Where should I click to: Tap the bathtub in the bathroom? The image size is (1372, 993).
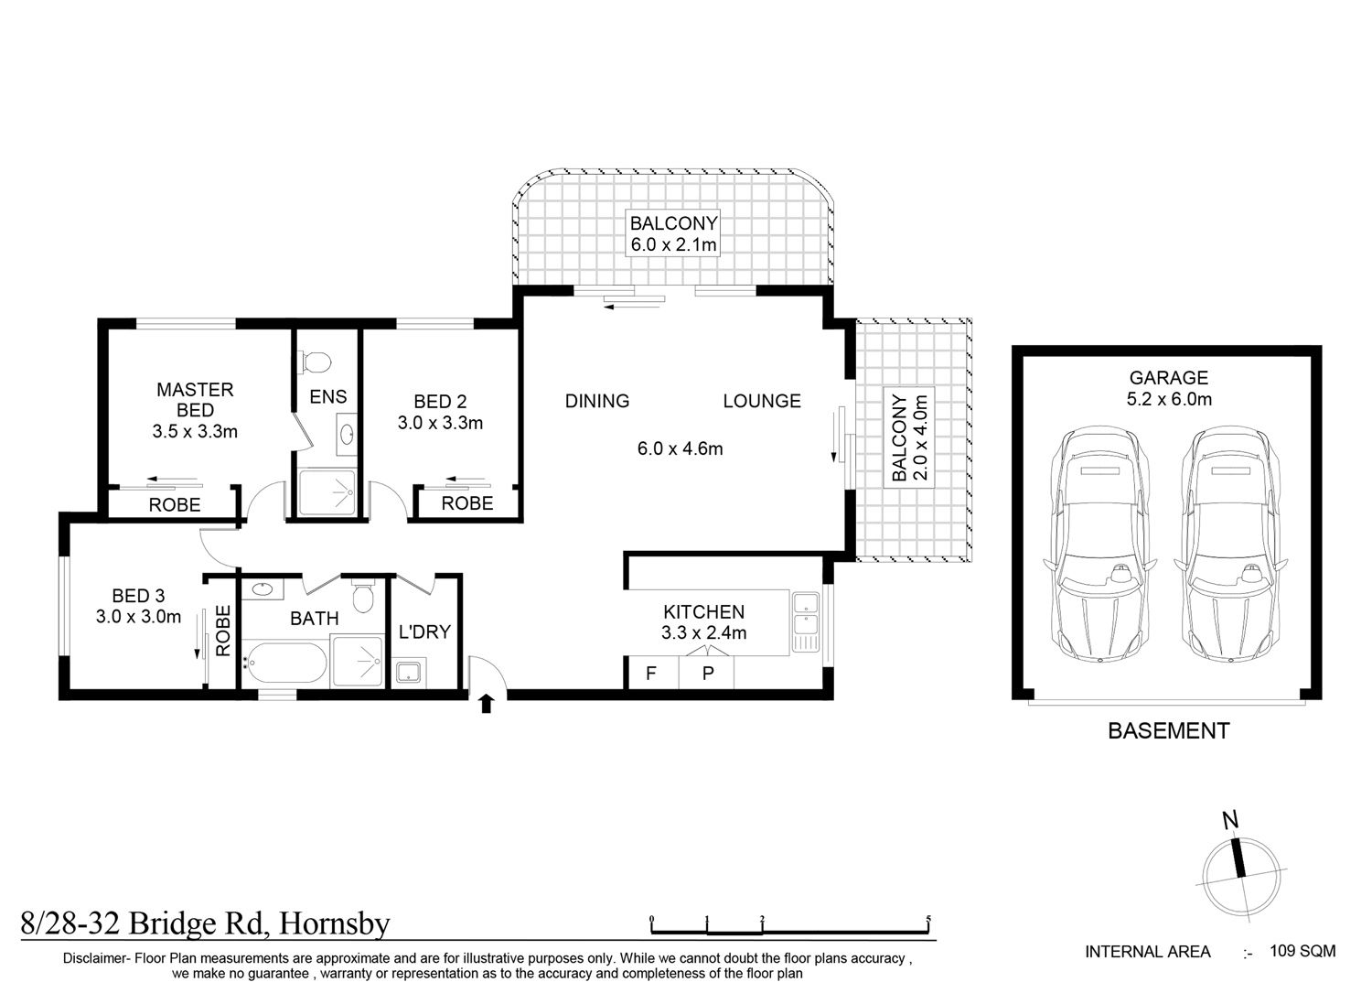(284, 663)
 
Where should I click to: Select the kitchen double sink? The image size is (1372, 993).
(805, 621)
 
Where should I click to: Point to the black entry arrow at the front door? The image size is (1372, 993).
(486, 704)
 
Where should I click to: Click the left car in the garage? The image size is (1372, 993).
(1099, 545)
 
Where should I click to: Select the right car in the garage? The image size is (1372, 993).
(1230, 545)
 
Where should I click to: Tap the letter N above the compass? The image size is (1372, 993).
(1230, 820)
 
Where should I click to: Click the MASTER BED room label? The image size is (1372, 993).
(195, 400)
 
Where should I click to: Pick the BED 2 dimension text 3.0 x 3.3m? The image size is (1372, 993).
(440, 423)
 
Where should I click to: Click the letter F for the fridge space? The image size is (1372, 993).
(650, 674)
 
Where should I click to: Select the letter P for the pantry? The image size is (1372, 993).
(708, 674)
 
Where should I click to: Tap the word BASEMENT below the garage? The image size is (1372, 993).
(1169, 730)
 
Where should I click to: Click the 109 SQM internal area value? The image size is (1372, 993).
(1302, 951)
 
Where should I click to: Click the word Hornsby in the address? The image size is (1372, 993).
(335, 924)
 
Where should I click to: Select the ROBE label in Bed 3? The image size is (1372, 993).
(223, 631)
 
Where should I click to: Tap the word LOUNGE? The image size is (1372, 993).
(762, 401)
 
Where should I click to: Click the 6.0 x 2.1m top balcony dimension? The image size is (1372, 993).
(674, 245)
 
